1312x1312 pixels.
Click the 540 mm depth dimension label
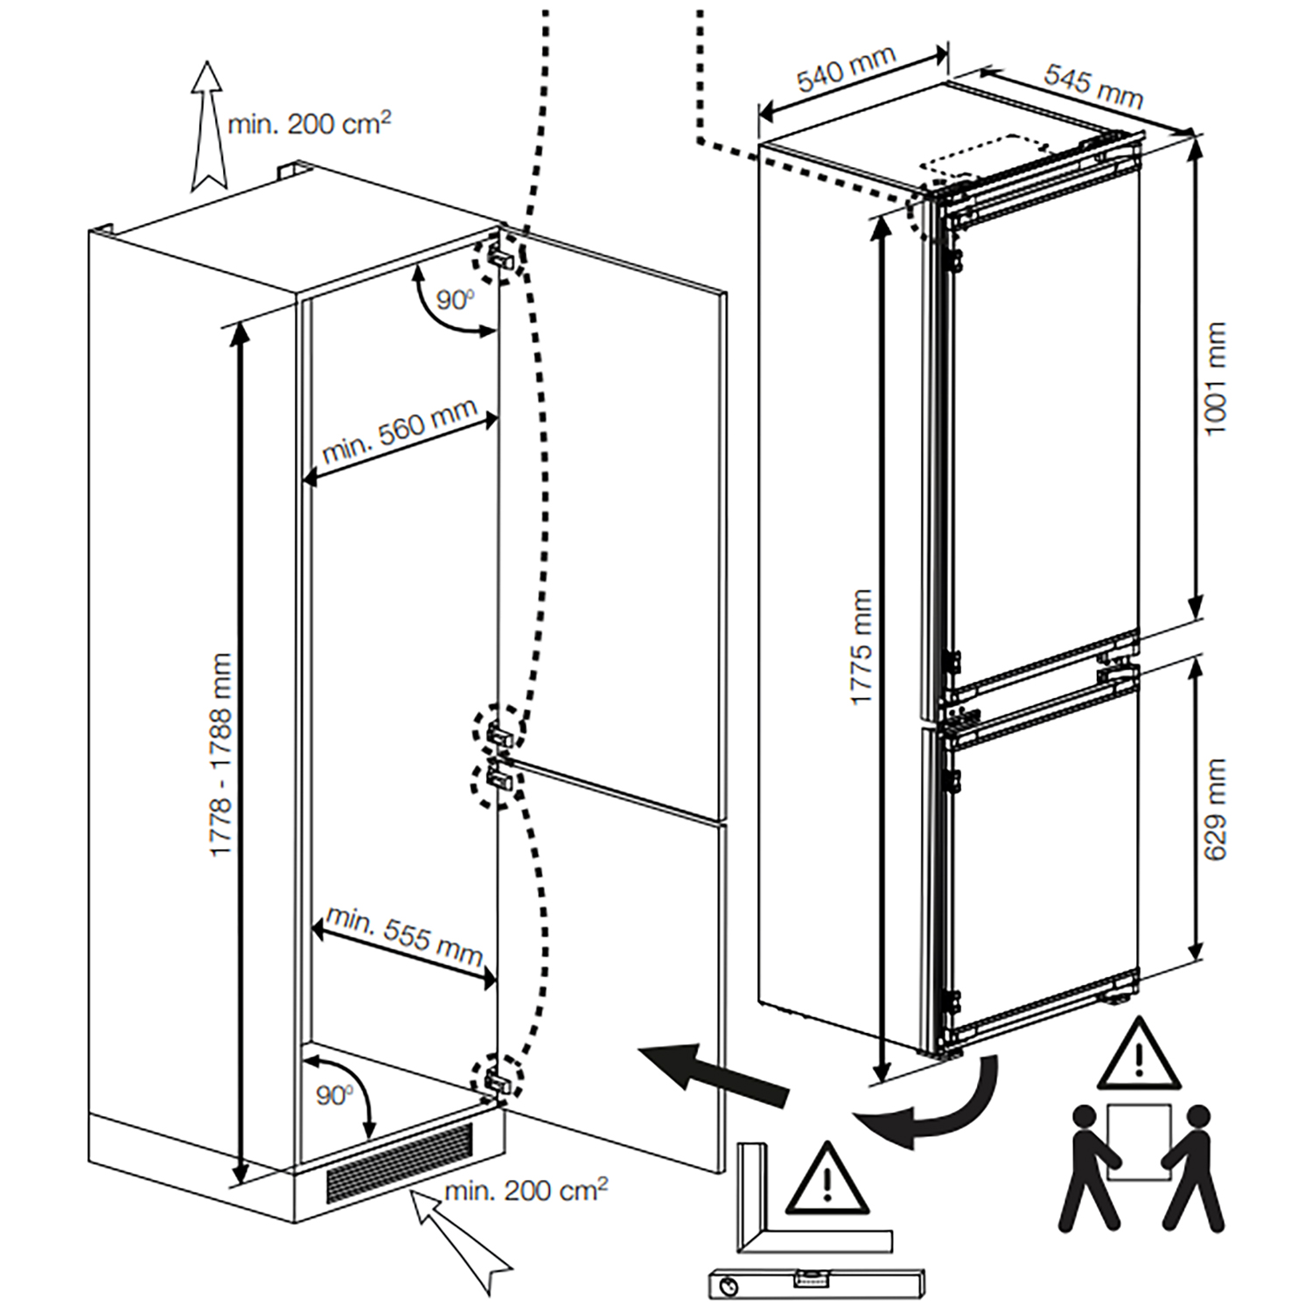846,68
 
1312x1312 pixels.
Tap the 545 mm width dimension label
1093,87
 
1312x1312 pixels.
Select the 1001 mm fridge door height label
1216,378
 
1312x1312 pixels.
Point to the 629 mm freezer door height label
1216,809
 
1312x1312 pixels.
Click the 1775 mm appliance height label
862,647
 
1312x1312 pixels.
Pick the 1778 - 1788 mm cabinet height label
220,755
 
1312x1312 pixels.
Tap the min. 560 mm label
400,430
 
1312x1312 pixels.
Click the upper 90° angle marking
455,300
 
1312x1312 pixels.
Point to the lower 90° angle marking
334,1094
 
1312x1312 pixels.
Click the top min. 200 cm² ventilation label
309,123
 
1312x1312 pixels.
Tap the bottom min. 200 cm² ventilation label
526,1190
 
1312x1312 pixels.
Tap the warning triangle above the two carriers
1138,1056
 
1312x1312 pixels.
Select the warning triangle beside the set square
827,1181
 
